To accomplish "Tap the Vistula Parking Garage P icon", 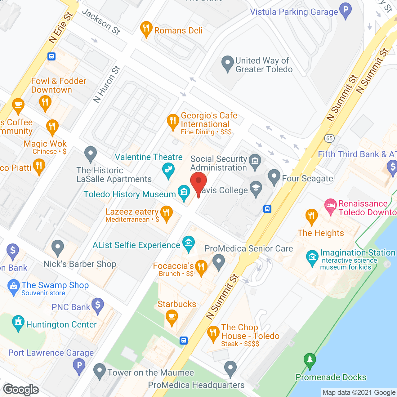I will click(x=345, y=10).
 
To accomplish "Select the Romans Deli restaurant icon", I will click(x=146, y=29).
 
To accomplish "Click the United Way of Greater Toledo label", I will click(x=264, y=65).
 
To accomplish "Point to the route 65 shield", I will click(x=329, y=138).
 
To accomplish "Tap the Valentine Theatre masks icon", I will click(x=168, y=170).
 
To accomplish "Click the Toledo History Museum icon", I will click(x=184, y=192).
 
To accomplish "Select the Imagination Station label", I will click(x=358, y=253).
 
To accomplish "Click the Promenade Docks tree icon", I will click(x=310, y=360).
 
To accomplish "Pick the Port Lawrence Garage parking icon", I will click(x=79, y=365).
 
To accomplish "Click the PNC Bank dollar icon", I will click(x=98, y=305).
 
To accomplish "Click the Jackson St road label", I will click(x=101, y=21).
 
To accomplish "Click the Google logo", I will click(x=21, y=390).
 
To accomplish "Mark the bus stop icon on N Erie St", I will click(x=51, y=56).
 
